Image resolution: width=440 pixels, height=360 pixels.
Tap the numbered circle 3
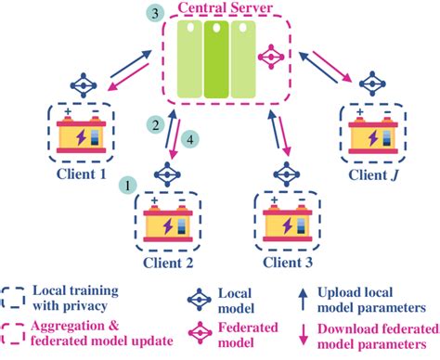[x=158, y=14]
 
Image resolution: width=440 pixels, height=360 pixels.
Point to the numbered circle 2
[x=158, y=123]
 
